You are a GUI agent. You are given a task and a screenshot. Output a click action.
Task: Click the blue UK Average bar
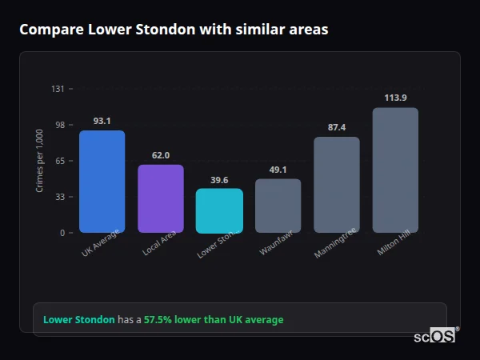click(x=102, y=182)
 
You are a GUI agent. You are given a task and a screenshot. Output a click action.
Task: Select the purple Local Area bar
click(x=161, y=198)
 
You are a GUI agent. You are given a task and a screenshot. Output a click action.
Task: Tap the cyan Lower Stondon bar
click(x=219, y=210)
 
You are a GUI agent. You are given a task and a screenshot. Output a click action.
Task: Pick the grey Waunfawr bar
click(x=278, y=206)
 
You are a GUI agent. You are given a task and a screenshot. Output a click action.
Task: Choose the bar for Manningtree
click(x=337, y=185)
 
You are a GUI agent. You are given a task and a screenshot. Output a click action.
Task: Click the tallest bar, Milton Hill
click(x=395, y=170)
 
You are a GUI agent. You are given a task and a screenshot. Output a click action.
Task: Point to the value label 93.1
click(x=102, y=121)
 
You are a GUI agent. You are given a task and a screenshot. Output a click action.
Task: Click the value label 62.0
click(x=161, y=155)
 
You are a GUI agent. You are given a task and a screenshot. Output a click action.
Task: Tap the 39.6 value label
click(x=219, y=180)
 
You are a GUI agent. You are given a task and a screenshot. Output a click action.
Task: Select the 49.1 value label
click(x=278, y=170)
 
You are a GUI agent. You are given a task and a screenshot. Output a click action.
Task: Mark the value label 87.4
click(x=337, y=127)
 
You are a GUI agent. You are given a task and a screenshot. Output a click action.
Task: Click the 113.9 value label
click(x=395, y=98)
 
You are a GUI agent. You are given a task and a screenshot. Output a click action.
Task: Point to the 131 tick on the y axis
click(x=58, y=89)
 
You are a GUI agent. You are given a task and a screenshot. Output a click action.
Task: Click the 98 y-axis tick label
click(x=59, y=125)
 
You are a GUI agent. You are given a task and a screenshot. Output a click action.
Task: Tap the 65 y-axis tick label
click(x=59, y=161)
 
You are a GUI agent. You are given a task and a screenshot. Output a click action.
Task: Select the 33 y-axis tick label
click(x=59, y=197)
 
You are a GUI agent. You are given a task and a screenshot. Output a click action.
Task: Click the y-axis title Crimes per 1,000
click(x=39, y=161)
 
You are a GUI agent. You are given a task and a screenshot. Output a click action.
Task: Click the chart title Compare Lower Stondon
click(x=174, y=30)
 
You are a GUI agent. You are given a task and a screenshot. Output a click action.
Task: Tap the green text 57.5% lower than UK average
click(x=214, y=320)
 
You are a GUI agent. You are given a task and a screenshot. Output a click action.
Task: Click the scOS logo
click(x=435, y=337)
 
